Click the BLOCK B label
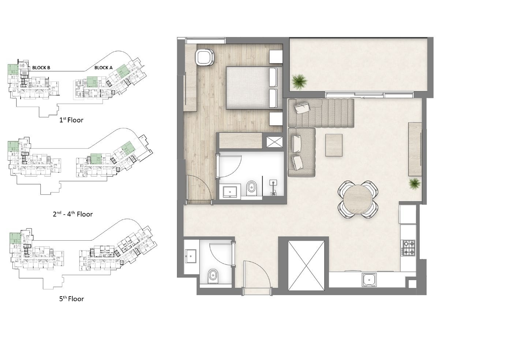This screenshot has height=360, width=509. pos(41,68)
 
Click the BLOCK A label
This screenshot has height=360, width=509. pos(104,68)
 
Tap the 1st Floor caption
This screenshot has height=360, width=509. pos(71,120)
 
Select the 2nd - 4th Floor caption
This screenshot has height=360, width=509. pos(73,214)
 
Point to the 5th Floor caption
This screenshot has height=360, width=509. pos(72,299)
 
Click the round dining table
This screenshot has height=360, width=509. pos(358,200)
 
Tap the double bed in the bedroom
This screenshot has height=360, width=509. pos(254,88)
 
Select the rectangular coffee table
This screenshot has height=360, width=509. pos(334,145)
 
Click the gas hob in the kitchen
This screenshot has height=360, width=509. pos(409,247)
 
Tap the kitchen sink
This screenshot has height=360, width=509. pos(370,280)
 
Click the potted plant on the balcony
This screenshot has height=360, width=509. pos(299,82)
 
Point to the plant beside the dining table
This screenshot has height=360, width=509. pos(415,183)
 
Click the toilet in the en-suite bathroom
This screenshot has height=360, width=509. pos(251,188)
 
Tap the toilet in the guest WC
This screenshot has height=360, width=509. pos(213,276)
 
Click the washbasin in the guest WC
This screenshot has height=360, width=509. pos(190,256)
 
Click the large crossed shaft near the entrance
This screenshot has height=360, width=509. pos(306,266)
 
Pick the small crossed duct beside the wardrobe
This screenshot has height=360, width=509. pos(274,142)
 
